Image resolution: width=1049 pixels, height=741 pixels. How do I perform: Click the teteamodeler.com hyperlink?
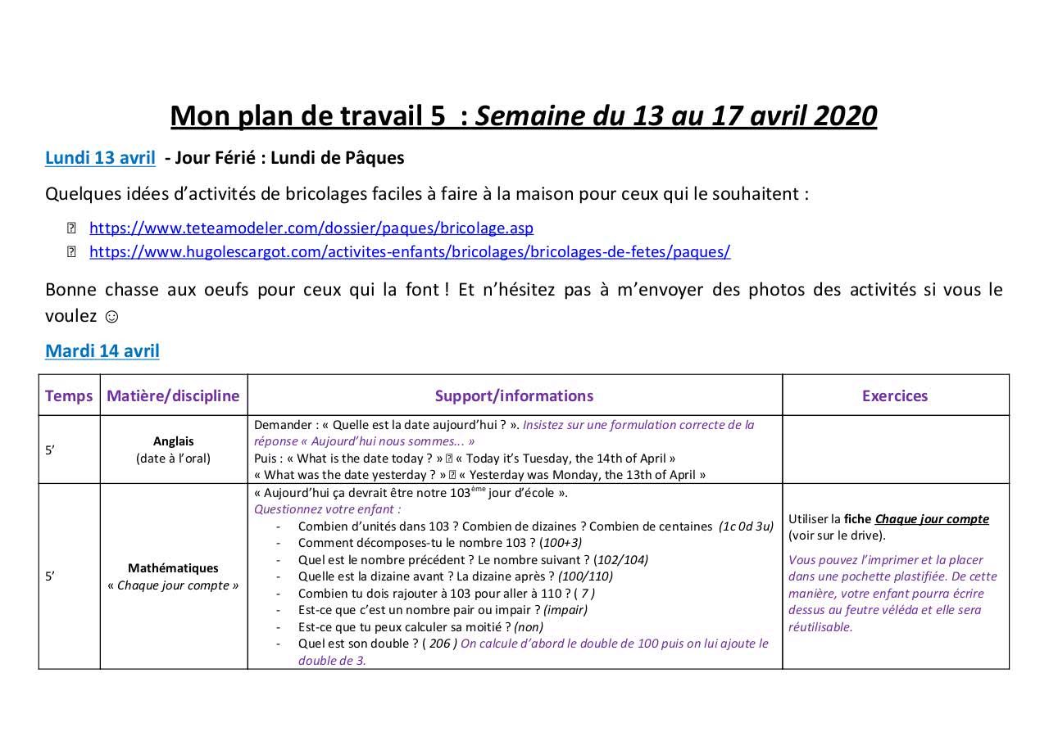click(x=311, y=228)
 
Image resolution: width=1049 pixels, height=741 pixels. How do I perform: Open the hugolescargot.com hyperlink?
click(x=409, y=251)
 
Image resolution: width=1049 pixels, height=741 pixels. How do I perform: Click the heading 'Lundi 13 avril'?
click(x=100, y=157)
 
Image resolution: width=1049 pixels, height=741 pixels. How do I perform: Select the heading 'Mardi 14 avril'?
click(x=102, y=350)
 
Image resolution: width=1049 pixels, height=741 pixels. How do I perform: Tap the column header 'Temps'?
click(x=69, y=395)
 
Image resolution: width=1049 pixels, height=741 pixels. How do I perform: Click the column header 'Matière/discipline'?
click(x=173, y=395)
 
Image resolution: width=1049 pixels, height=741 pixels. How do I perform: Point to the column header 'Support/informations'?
click(x=514, y=395)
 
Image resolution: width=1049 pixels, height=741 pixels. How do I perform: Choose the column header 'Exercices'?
click(x=895, y=395)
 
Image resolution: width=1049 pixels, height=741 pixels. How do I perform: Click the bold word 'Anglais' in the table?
click(x=174, y=441)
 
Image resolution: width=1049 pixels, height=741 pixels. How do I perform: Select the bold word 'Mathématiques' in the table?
click(x=173, y=568)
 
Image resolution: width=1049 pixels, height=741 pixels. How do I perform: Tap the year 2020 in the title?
click(x=845, y=116)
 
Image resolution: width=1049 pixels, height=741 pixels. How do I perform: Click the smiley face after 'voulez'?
click(x=112, y=315)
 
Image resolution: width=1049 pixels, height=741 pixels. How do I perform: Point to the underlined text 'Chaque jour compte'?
click(x=932, y=519)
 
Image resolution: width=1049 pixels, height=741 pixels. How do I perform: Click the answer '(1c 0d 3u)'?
click(x=746, y=526)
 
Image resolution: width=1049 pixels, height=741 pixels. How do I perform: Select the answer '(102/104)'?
click(x=621, y=560)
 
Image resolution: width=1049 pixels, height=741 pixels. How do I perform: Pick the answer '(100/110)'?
click(x=585, y=576)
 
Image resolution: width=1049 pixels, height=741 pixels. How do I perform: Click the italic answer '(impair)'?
click(x=565, y=610)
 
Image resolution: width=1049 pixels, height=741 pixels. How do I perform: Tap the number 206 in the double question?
click(x=440, y=644)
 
